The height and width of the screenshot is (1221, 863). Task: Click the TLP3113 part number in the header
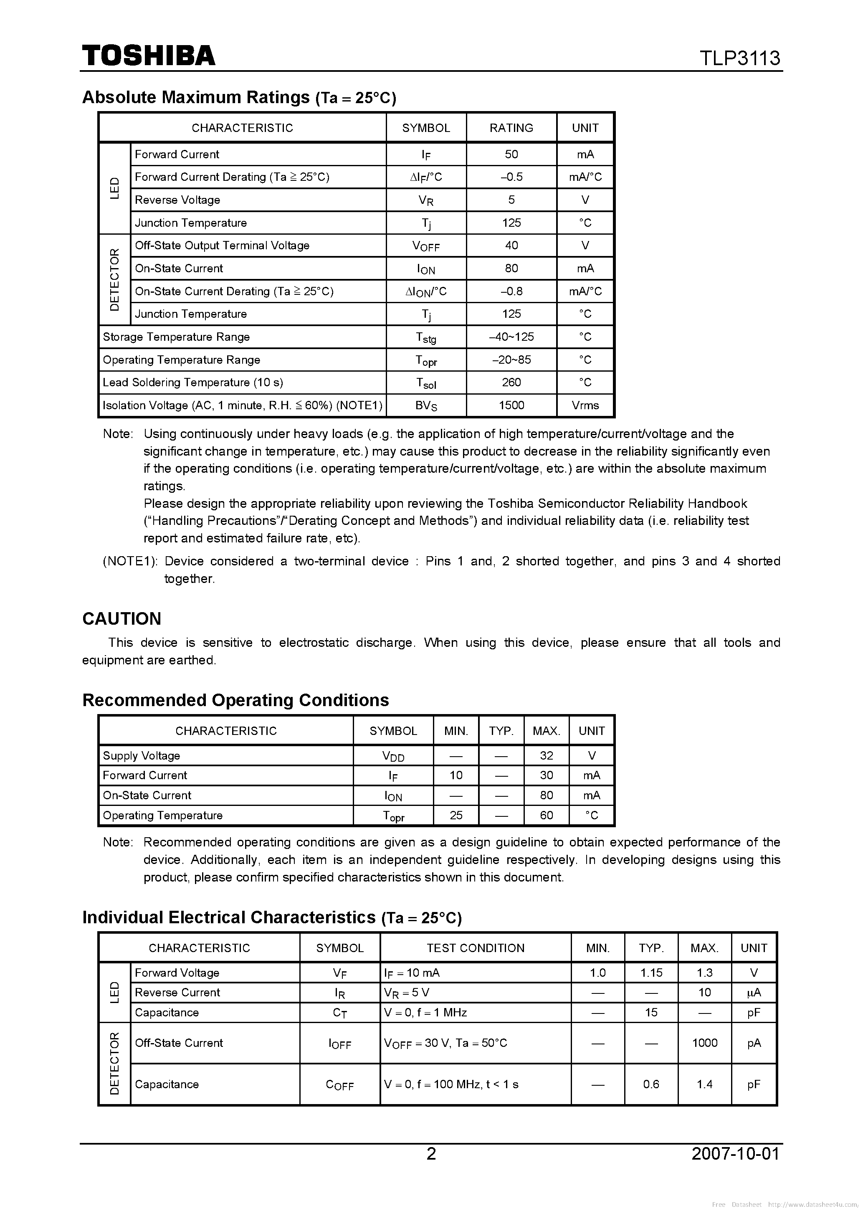(739, 58)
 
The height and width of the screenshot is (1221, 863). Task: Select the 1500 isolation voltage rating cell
(511, 405)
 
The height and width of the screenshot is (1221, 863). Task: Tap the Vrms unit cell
(585, 405)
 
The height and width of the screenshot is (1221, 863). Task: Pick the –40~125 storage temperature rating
(511, 337)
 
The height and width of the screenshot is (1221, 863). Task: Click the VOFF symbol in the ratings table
(425, 246)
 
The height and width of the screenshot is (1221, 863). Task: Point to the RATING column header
(511, 128)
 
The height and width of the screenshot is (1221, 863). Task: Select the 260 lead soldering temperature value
(511, 383)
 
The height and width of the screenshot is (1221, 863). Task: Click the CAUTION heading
(122, 618)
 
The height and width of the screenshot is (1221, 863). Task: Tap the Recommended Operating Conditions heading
(235, 700)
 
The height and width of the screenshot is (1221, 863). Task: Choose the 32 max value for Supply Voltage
(546, 755)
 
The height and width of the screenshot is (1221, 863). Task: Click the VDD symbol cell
(393, 756)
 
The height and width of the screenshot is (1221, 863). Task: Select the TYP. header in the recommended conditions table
(501, 731)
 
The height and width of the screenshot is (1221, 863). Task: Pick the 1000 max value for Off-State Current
(704, 1042)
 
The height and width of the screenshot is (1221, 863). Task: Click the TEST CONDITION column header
(476, 947)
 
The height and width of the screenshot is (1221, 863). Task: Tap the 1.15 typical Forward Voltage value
(651, 973)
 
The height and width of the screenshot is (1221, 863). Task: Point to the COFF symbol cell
(339, 1085)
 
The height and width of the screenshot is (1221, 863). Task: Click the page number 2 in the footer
(431, 1153)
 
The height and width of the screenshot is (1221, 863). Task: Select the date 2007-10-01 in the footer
(735, 1153)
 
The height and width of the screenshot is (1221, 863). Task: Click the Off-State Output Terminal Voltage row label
(222, 245)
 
